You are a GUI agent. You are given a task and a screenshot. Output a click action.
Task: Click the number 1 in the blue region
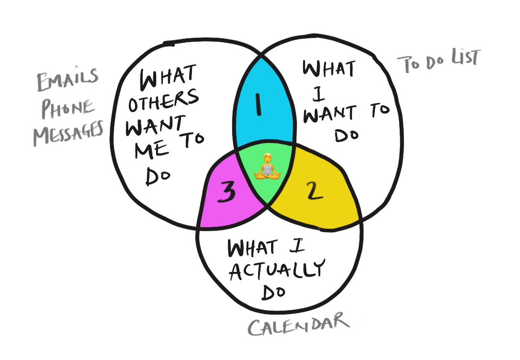click(259, 105)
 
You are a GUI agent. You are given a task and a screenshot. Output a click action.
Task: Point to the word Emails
click(68, 82)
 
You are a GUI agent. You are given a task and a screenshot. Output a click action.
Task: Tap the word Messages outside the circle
click(68, 133)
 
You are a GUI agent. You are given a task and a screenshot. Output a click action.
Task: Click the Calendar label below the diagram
click(298, 325)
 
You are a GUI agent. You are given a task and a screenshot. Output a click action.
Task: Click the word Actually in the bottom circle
click(277, 270)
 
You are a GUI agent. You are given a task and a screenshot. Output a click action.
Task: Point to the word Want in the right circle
click(328, 114)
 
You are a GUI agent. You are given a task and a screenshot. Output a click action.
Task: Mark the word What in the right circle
click(329, 71)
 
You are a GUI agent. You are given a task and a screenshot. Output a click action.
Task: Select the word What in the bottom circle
click(252, 248)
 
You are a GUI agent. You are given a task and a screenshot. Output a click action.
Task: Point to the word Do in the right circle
click(347, 136)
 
